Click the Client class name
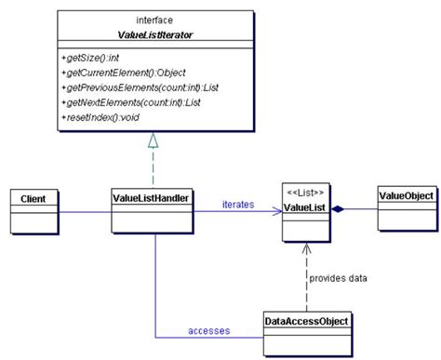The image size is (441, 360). coord(33,198)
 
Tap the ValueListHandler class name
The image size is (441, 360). coord(152,198)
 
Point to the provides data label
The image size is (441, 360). coord(340,277)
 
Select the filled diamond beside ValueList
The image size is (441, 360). coord(341,210)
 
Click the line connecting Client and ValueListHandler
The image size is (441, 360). coord(84,211)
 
